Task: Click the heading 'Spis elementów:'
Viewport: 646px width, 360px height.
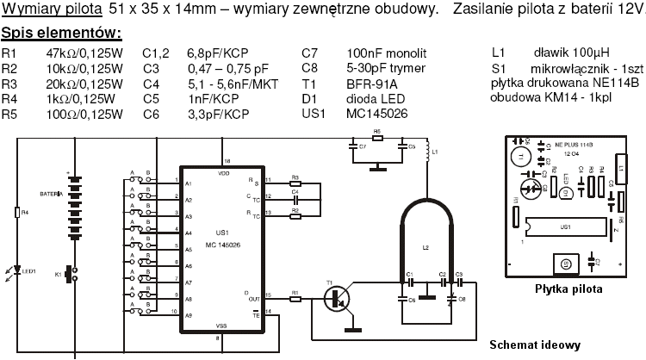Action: (60, 34)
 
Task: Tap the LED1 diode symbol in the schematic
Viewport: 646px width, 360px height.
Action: (22, 272)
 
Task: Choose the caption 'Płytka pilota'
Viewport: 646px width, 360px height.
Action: (568, 289)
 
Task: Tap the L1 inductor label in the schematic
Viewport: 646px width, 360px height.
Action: (435, 152)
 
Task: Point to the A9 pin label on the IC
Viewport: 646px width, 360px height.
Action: (189, 315)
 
